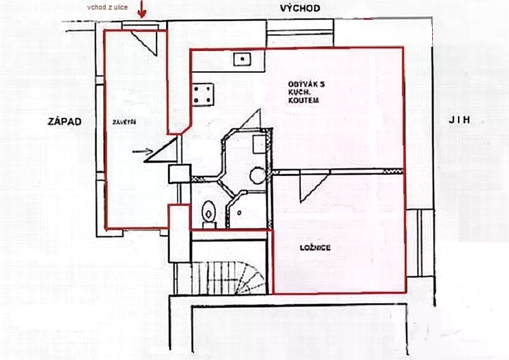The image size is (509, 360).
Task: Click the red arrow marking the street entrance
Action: click(141, 9)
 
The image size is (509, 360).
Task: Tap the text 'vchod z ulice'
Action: click(107, 7)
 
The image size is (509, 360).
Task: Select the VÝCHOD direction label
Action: click(300, 8)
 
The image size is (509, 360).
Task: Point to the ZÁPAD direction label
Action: click(65, 122)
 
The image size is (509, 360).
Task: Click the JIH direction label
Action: click(459, 120)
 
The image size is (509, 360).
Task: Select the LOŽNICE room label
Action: click(315, 248)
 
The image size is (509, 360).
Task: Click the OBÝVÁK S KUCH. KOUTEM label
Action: click(306, 92)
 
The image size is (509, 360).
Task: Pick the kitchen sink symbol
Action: click(242, 59)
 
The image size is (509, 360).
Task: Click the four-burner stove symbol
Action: click(203, 95)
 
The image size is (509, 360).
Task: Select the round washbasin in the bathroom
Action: click(258, 175)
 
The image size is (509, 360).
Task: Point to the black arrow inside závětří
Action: click(143, 151)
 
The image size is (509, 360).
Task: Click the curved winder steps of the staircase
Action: click(252, 279)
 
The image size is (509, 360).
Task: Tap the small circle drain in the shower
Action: click(239, 213)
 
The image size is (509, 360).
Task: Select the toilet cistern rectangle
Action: click(209, 225)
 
